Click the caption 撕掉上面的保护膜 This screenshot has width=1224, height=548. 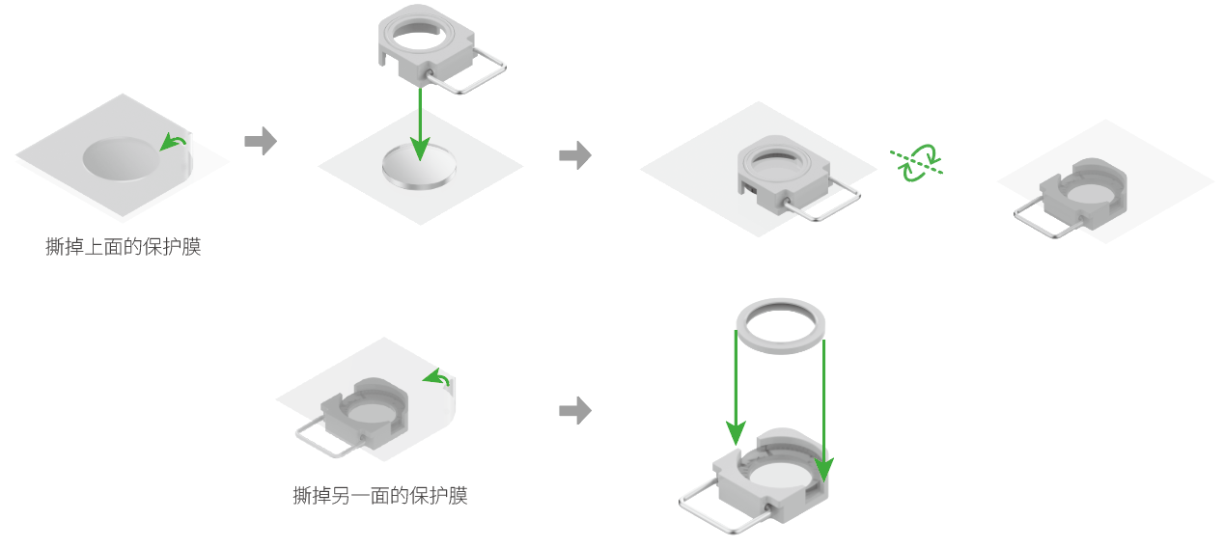[x=124, y=247]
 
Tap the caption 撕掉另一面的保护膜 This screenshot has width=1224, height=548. [x=380, y=496]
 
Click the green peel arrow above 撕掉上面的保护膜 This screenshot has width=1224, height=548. [x=173, y=142]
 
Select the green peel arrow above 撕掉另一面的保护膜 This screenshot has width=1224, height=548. [x=436, y=377]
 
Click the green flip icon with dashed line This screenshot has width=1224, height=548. [x=917, y=162]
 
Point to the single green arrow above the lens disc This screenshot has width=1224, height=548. [x=420, y=124]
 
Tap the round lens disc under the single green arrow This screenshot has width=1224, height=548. [x=419, y=167]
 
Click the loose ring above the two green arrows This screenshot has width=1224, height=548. [x=780, y=326]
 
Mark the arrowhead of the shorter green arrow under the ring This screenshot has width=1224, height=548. [x=736, y=434]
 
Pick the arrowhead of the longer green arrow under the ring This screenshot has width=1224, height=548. [x=823, y=470]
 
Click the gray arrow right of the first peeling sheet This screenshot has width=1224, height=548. [x=261, y=141]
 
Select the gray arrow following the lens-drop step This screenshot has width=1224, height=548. [x=575, y=155]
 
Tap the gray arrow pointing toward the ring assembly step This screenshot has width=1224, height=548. [x=575, y=410]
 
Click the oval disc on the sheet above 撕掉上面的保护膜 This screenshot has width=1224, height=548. [x=122, y=158]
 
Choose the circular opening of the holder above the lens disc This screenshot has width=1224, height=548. [x=420, y=36]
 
